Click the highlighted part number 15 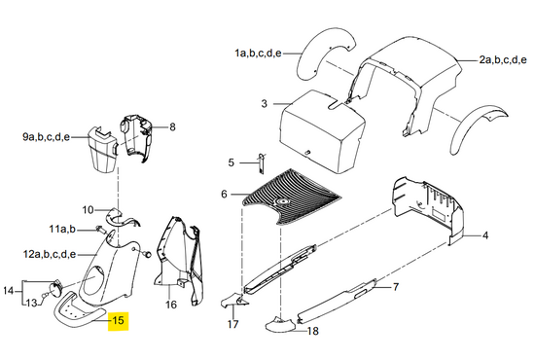(x=118, y=321)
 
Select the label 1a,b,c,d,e (x=258, y=54)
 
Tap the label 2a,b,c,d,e (x=503, y=60)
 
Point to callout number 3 (x=264, y=103)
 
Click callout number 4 (x=485, y=235)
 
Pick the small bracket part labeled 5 (x=262, y=162)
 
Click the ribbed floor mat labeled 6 (x=291, y=198)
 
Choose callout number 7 (x=396, y=287)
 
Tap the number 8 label (x=172, y=126)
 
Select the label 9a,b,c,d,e (x=47, y=137)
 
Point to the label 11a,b (x=62, y=229)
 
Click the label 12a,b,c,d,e (x=50, y=254)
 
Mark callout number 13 (x=31, y=303)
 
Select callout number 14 (x=8, y=291)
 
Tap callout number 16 (x=171, y=304)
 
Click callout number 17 (x=232, y=324)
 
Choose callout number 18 (x=313, y=331)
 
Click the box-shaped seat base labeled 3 (x=322, y=131)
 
